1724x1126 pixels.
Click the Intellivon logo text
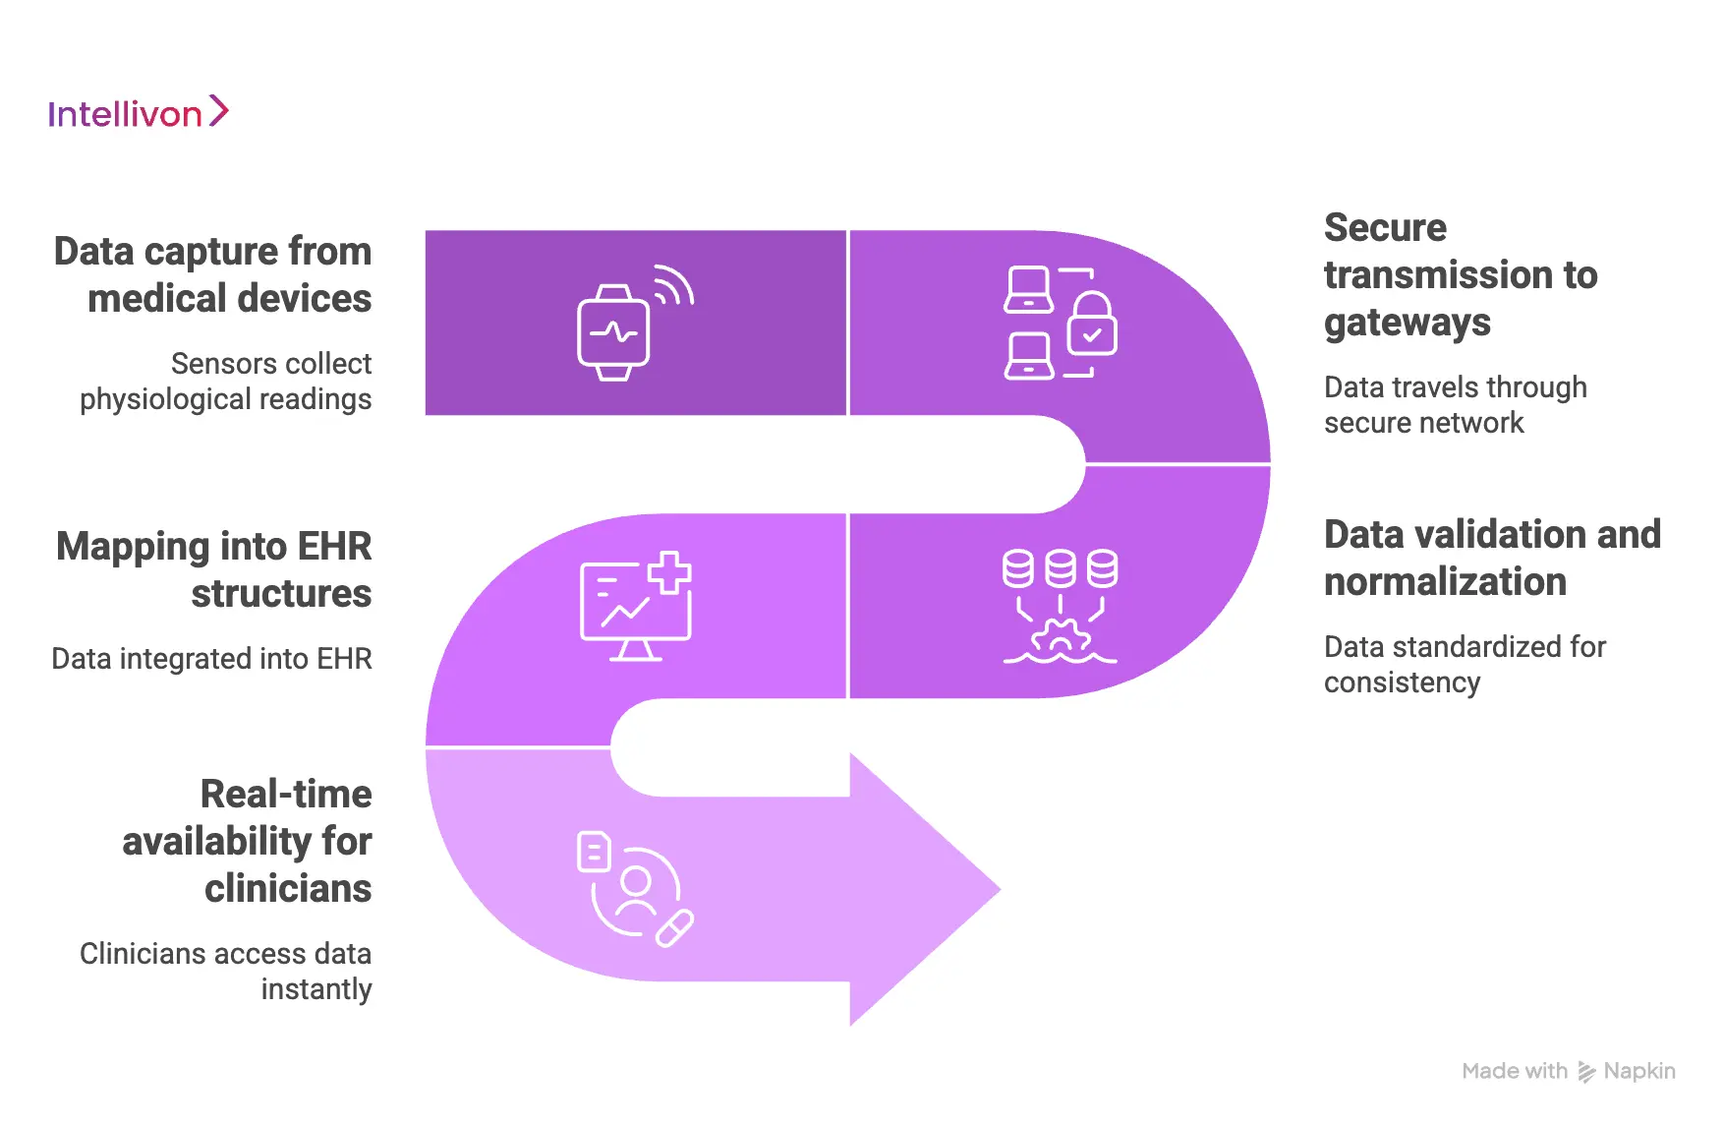(125, 114)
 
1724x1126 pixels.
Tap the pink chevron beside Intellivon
(219, 111)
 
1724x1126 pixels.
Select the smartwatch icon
(613, 333)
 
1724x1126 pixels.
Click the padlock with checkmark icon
(1092, 325)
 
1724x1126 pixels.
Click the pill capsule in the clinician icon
(675, 928)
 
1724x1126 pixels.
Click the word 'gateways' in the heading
(1407, 323)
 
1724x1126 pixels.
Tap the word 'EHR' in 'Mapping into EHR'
(334, 547)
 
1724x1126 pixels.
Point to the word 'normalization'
(1445, 582)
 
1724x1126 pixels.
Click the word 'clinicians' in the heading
(288, 889)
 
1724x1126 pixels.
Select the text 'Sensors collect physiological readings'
(226, 382)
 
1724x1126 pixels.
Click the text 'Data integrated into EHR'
(211, 659)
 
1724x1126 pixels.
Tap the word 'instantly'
(316, 989)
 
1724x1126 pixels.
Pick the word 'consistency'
(1402, 682)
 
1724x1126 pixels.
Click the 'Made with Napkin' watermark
(1568, 1071)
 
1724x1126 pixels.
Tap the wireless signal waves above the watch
(674, 285)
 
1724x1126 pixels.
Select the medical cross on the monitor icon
(669, 572)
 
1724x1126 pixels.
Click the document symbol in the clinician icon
(594, 852)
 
